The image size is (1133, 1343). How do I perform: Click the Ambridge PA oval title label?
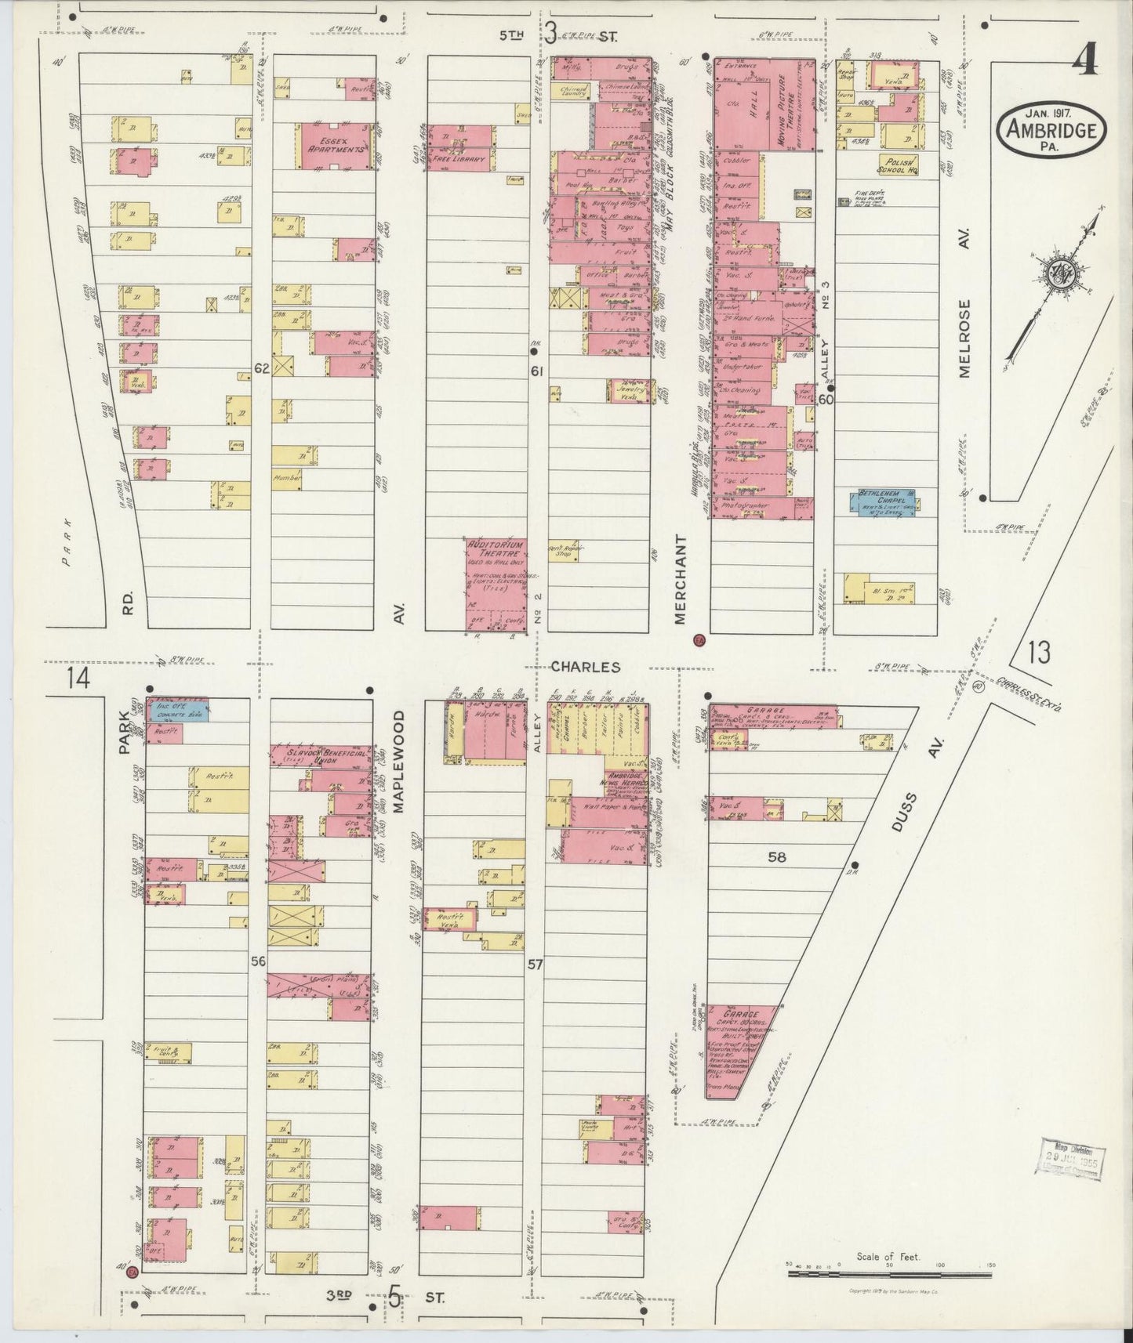point(1051,129)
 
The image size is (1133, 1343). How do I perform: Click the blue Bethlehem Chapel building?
point(885,501)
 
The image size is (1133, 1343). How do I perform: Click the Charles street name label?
point(585,667)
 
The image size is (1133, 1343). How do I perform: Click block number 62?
point(261,368)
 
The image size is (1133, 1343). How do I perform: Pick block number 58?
point(776,857)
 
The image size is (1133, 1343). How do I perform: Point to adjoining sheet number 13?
point(1040,652)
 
